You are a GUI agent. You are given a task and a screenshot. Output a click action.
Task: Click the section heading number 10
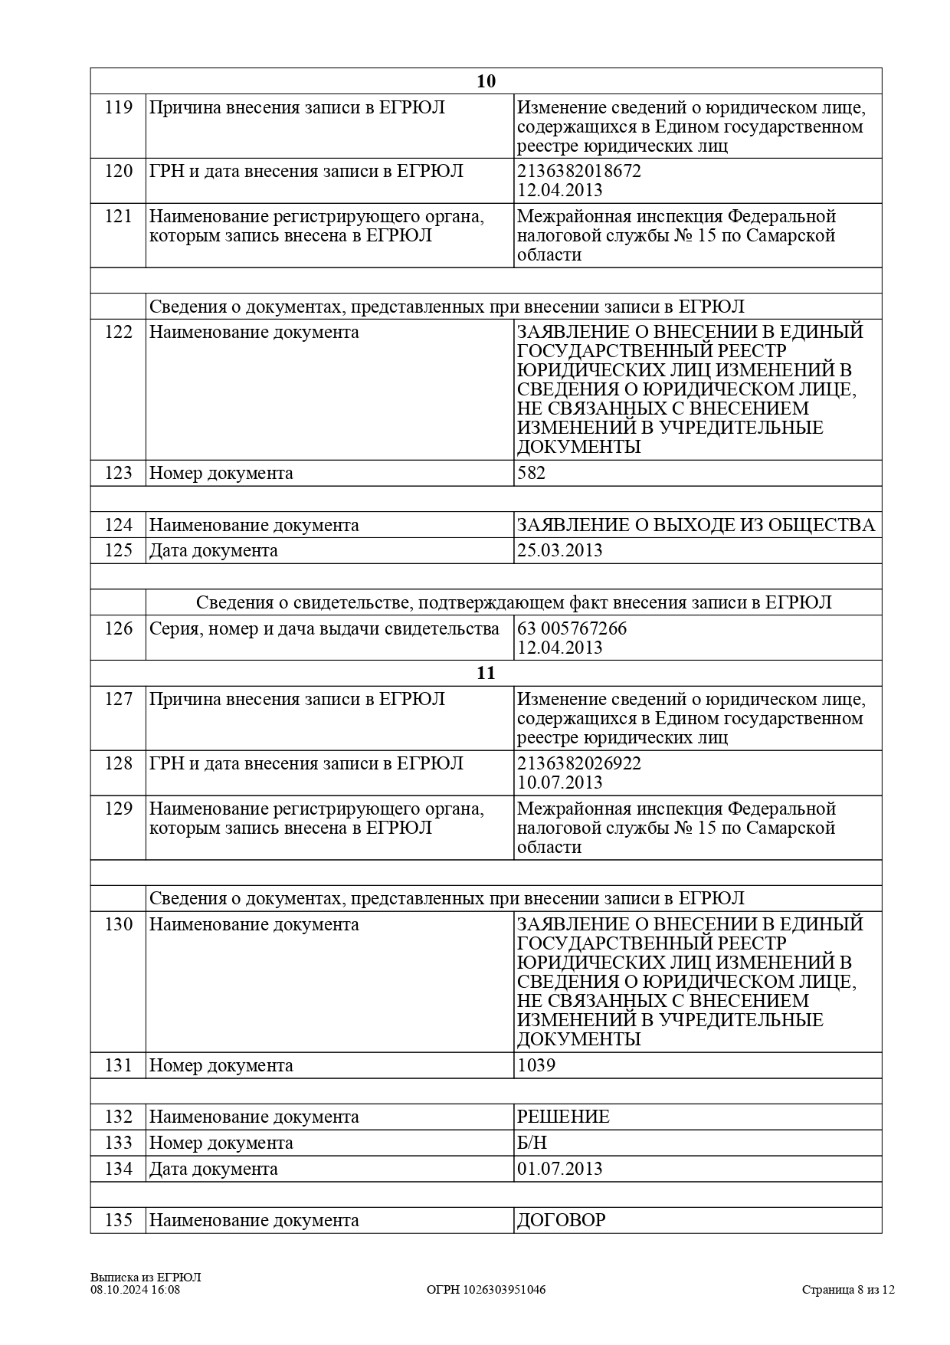tap(486, 81)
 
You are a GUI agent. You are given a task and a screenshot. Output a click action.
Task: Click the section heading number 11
tap(486, 673)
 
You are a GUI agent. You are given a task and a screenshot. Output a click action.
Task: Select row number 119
tap(119, 107)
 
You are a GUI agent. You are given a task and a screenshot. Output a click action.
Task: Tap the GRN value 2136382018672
tap(579, 171)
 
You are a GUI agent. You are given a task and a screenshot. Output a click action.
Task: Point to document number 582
tap(531, 473)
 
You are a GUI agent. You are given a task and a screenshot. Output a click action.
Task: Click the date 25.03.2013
tap(559, 550)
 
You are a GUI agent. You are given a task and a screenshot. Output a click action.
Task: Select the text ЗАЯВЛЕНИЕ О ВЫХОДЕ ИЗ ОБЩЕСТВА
tap(696, 525)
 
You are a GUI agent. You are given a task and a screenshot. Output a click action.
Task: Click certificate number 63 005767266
tap(572, 628)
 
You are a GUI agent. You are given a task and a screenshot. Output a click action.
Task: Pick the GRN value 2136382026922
tap(579, 763)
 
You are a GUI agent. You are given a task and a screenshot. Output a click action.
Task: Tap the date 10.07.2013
tap(559, 782)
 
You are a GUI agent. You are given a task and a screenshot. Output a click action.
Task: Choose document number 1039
tap(536, 1065)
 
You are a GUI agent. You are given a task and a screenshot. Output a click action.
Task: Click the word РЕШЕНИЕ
tap(563, 1117)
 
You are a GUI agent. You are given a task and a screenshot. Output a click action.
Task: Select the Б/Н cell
tap(532, 1143)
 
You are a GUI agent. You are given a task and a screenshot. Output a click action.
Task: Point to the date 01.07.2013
tap(559, 1169)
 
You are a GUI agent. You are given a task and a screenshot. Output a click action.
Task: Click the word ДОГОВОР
tap(561, 1220)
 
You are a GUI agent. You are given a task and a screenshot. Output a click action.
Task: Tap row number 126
tap(119, 628)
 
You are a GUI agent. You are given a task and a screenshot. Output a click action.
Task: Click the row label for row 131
tap(221, 1065)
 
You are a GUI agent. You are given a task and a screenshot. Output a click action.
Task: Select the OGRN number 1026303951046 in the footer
tap(486, 1290)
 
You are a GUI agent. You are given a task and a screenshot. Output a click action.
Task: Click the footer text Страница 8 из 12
tap(848, 1290)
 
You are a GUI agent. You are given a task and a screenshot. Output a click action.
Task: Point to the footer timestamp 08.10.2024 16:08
tap(135, 1290)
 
